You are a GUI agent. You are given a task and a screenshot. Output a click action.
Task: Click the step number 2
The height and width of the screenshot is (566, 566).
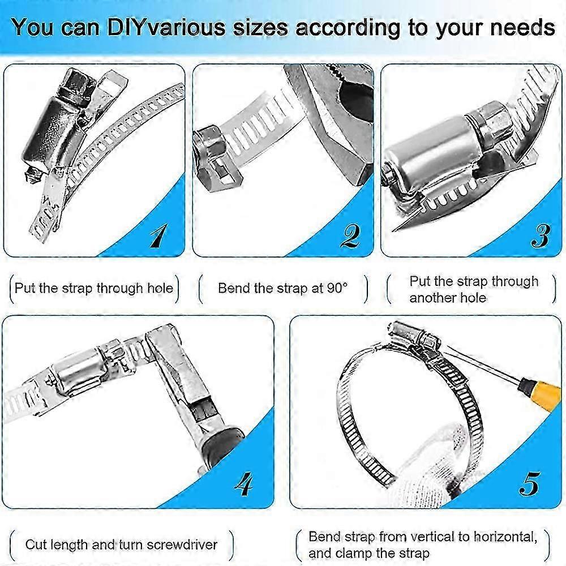coord(349,235)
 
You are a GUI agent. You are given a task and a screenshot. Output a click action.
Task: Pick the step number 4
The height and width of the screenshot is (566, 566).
coord(244,484)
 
